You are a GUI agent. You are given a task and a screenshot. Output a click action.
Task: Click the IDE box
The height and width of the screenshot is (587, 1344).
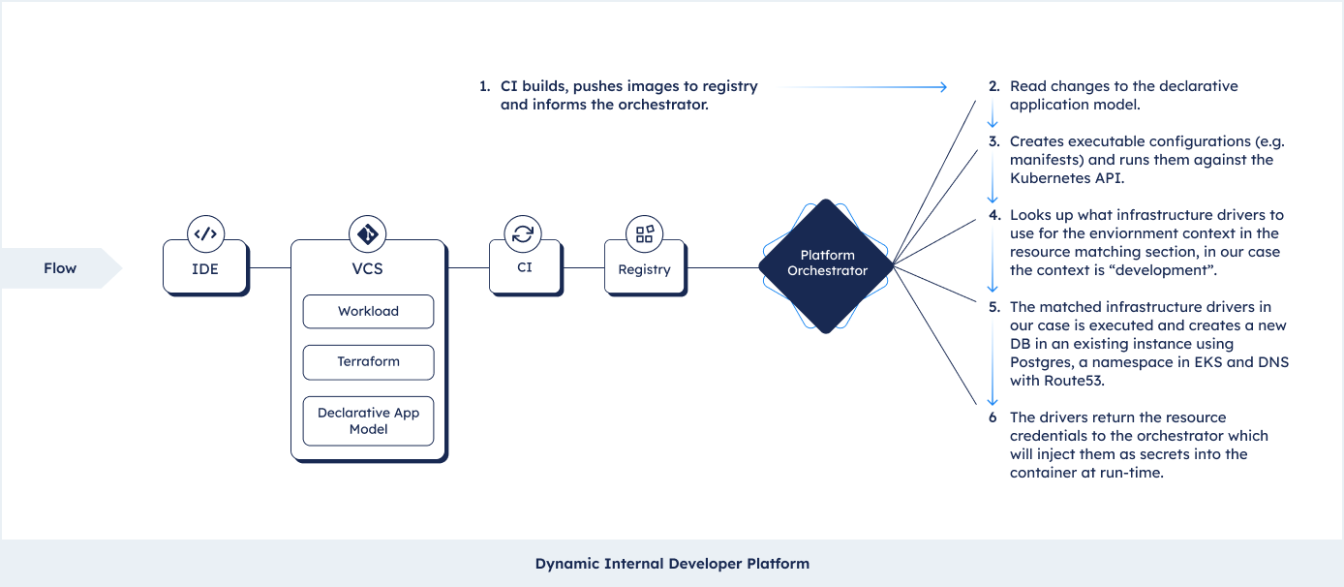click(x=205, y=267)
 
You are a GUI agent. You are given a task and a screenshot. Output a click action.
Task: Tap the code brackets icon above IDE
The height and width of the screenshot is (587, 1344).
click(x=206, y=233)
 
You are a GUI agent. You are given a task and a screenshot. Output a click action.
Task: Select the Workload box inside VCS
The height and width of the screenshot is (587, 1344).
click(x=368, y=312)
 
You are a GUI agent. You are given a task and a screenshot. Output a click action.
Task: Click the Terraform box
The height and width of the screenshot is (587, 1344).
click(x=368, y=362)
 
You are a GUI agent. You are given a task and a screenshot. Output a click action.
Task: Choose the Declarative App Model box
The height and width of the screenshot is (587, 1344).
click(x=368, y=420)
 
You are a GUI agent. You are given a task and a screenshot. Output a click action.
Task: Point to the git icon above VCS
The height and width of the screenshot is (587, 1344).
click(x=367, y=233)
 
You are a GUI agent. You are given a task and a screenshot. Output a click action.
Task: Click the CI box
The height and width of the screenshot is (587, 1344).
click(x=525, y=267)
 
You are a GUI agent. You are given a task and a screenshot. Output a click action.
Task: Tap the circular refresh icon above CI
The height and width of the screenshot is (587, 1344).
click(x=523, y=233)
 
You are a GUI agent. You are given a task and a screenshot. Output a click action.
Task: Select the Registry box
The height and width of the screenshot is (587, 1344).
click(x=645, y=267)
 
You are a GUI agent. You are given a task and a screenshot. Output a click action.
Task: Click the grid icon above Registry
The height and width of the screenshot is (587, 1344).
click(x=644, y=233)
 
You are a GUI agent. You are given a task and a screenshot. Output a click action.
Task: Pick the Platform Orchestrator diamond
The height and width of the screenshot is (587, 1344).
click(x=826, y=265)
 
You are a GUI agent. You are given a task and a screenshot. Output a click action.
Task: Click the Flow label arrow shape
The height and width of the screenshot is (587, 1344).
click(x=61, y=268)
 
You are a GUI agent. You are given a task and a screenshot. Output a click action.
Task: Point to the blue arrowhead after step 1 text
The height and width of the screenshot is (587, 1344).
click(x=944, y=87)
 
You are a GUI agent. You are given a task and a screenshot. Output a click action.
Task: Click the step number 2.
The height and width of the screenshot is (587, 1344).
click(x=994, y=86)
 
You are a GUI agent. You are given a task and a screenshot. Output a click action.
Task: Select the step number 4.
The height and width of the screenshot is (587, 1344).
click(x=994, y=215)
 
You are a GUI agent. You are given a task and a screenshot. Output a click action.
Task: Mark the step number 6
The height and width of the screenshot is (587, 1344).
click(x=993, y=417)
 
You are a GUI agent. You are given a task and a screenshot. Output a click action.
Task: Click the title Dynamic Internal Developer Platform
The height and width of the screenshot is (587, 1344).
click(x=672, y=564)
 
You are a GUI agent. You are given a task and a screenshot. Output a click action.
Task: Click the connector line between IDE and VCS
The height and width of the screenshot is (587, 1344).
click(x=270, y=267)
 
